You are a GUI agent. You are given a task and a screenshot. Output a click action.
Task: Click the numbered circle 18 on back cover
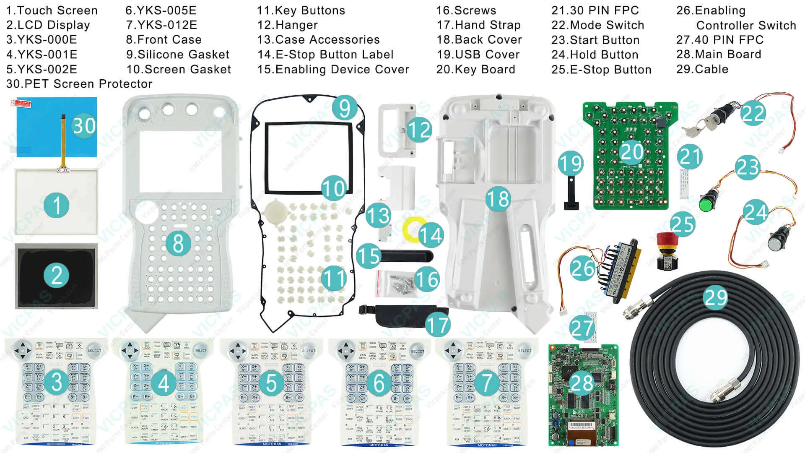tap(498, 199)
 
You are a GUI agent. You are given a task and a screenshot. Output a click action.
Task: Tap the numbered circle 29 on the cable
tap(716, 297)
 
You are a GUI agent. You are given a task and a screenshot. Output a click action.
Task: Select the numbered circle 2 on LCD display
tap(57, 276)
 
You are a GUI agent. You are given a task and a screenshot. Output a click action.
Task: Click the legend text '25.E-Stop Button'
tap(601, 70)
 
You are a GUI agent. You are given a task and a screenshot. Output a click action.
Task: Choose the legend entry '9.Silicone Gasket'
tap(178, 55)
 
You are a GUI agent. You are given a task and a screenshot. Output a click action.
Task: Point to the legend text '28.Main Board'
tap(718, 55)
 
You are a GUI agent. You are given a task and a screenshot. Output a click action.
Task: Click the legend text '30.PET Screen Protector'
tap(79, 84)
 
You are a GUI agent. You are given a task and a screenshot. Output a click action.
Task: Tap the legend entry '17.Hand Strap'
tap(478, 25)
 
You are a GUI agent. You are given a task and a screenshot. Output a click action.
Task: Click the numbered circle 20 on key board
tap(632, 152)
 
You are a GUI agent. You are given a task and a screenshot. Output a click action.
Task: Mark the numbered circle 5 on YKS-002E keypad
tap(271, 383)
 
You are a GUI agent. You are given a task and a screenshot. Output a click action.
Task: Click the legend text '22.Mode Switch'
tap(597, 25)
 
